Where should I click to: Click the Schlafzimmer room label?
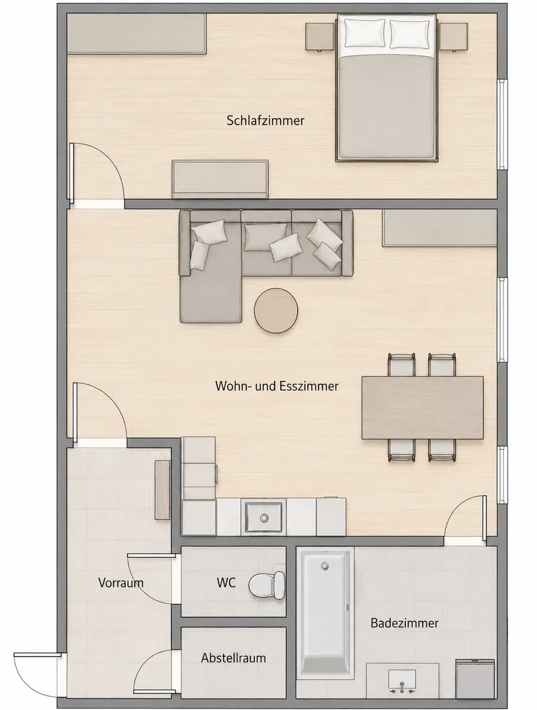[x=265, y=121]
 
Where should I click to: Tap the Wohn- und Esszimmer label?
[x=277, y=386]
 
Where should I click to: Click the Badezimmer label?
[x=405, y=622]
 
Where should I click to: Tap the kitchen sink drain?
[x=264, y=518]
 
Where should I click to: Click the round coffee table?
[x=276, y=311]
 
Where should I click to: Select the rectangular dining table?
[x=422, y=408]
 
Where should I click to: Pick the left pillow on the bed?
[x=365, y=33]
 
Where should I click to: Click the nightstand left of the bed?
[x=320, y=37]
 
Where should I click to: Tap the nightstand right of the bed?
[x=453, y=37]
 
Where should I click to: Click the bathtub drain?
[x=325, y=566]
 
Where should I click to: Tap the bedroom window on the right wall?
[x=502, y=124]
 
